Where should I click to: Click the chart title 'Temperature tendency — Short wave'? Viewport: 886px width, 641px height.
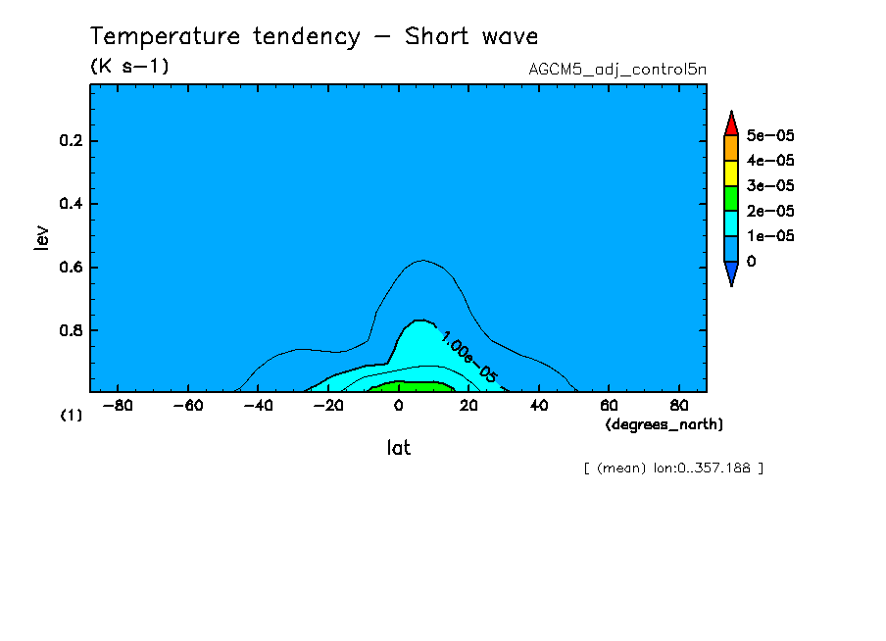(314, 37)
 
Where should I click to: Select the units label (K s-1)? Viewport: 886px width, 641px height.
(129, 67)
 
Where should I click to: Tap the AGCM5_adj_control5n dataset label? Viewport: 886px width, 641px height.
(616, 70)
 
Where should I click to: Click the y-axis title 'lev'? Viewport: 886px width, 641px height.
(41, 237)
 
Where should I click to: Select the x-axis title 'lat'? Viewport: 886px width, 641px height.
(397, 448)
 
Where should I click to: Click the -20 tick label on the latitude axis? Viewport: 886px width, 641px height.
(326, 405)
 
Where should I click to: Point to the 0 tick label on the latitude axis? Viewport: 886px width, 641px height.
(398, 405)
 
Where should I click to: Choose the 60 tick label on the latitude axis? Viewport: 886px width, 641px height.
(608, 405)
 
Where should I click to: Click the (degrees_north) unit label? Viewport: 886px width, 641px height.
(664, 423)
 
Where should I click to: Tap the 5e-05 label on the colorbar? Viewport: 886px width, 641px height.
(770, 135)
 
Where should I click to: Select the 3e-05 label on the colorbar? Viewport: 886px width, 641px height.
(770, 186)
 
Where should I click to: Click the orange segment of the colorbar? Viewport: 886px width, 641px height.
(730, 148)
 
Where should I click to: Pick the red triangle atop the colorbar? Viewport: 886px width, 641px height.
(730, 124)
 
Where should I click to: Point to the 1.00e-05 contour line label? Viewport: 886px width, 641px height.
(468, 356)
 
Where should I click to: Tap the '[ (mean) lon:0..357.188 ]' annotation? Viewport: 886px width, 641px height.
(672, 468)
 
